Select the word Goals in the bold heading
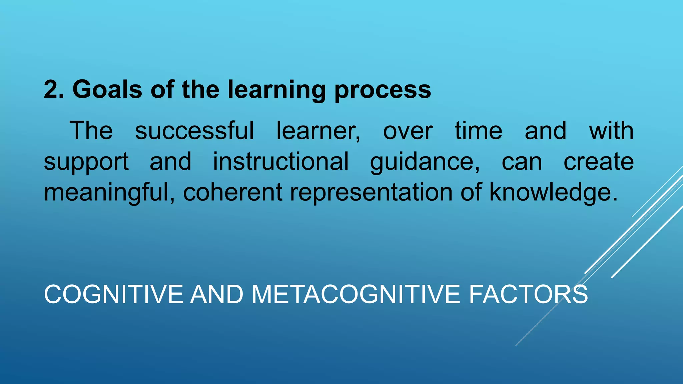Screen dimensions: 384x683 107,90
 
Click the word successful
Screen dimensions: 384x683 194,130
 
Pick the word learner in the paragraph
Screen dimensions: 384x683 318,130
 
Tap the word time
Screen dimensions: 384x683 478,130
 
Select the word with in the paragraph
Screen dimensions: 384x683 611,130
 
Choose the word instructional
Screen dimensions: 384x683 281,161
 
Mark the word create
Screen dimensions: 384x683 599,161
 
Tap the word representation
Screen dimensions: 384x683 371,193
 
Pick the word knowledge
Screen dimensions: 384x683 553,193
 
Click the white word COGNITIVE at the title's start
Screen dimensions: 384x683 113,294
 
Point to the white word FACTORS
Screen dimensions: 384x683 528,294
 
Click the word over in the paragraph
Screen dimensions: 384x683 408,130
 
